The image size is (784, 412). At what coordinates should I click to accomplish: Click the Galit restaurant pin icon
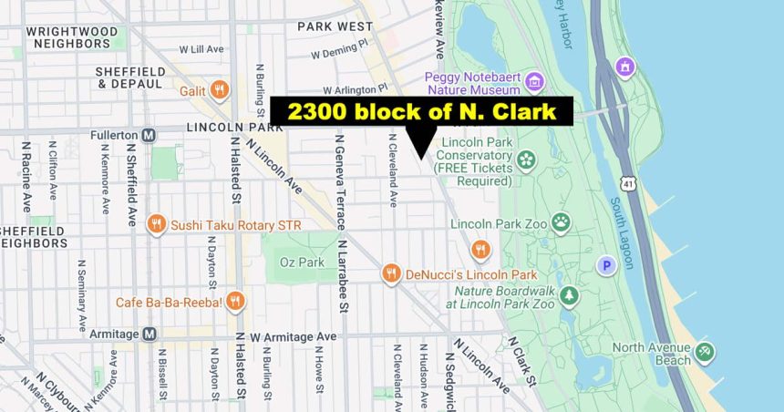(218, 89)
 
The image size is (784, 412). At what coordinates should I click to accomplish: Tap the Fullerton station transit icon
(149, 135)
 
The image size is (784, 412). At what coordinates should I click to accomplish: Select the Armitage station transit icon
(149, 335)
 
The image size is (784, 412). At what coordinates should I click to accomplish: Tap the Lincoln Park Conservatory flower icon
(526, 160)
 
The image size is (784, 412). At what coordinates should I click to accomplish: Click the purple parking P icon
(604, 266)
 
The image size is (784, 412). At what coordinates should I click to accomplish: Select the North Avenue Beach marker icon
(703, 352)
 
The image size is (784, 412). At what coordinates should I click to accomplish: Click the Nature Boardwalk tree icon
(570, 295)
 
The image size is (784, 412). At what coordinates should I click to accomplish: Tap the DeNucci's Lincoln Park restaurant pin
(391, 273)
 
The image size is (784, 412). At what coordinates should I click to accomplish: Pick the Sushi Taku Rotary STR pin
(157, 224)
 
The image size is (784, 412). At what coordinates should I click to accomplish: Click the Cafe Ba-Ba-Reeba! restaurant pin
(234, 302)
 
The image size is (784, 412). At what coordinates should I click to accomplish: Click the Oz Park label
(301, 263)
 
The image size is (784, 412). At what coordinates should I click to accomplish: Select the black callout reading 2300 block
(421, 111)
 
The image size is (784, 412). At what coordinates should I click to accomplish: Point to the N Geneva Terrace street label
(341, 181)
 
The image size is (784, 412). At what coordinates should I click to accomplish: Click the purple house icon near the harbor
(624, 67)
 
